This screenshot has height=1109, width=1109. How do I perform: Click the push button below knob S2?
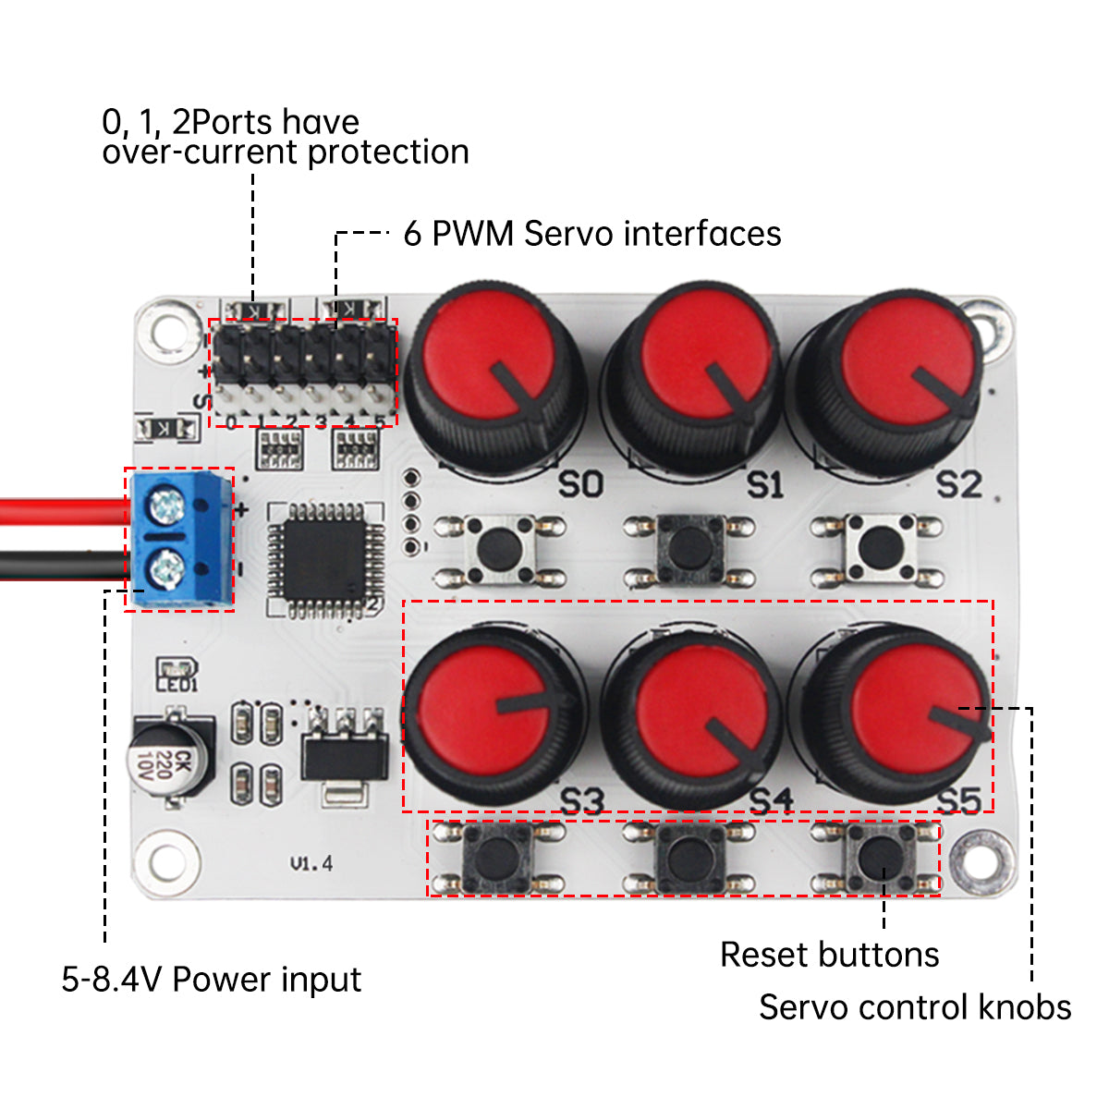[x=878, y=550]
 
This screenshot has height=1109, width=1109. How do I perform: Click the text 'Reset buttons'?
[x=829, y=955]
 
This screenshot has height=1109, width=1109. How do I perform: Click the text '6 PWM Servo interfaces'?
[x=591, y=234]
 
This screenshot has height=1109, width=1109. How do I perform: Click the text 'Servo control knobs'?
[x=915, y=1007]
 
